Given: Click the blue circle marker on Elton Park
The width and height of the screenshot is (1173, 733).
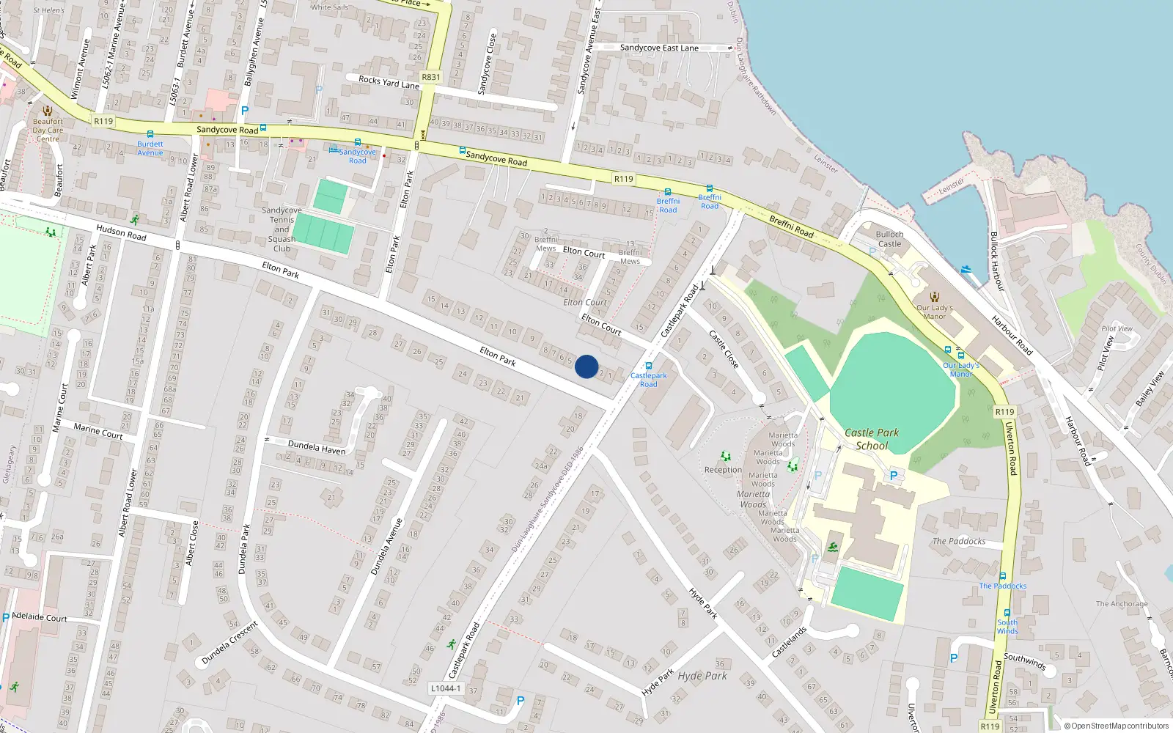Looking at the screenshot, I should point(586,366).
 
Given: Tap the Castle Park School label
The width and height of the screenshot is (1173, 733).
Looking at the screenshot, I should point(872,439).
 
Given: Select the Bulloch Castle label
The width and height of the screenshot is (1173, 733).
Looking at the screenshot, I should point(889,239).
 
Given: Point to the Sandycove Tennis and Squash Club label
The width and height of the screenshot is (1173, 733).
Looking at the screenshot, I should point(282,229).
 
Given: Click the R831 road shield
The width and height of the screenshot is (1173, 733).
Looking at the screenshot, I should point(431,77).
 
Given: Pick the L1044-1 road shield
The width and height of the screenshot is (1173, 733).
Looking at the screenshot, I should point(446,688).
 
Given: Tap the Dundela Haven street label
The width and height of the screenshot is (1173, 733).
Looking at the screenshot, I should point(317,446).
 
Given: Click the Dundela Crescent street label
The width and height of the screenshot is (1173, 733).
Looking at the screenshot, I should point(229,643).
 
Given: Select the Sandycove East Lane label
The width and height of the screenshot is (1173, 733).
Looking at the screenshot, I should point(659,48).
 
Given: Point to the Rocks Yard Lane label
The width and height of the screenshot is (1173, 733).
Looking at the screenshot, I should point(389,82).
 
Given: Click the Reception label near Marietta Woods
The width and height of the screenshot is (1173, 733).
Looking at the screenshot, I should point(723,470).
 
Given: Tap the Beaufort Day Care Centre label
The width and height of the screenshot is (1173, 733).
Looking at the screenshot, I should point(48,130).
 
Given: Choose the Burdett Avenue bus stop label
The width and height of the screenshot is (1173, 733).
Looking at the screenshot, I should point(150,148).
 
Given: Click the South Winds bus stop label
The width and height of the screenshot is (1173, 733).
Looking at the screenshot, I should point(1007,627).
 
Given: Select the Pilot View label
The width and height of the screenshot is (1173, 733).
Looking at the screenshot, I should point(1117,328).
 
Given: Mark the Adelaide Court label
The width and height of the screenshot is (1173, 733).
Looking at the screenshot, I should point(40,617).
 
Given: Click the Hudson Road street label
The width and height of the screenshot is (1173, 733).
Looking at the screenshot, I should point(122,233).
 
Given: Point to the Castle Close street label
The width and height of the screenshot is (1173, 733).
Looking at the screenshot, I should point(724,349).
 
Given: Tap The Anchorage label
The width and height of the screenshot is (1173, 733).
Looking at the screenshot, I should point(1122,604).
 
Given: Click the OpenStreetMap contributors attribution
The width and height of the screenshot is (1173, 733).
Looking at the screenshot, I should point(1117,726).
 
